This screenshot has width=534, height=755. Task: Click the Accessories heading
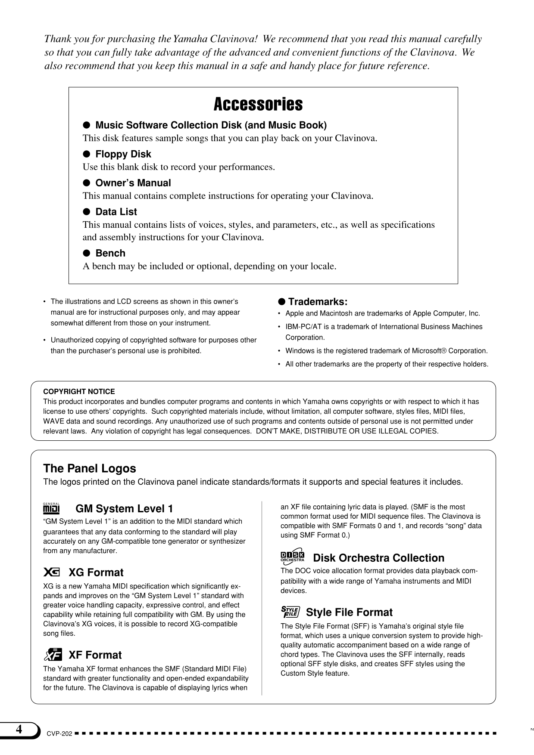[x=258, y=104]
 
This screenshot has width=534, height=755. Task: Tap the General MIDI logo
[x=51, y=508]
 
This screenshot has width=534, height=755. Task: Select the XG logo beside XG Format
[x=52, y=572]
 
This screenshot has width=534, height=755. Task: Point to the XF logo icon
[x=53, y=654]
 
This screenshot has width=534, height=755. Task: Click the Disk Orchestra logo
[x=292, y=557]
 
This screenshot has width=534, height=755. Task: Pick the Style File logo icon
[x=290, y=612]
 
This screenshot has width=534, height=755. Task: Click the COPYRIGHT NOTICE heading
[x=79, y=392]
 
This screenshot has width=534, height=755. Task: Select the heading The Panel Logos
[x=89, y=468]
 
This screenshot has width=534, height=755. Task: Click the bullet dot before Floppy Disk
[x=86, y=154]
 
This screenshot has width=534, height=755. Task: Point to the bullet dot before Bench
[x=86, y=253]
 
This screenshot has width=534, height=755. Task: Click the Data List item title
[x=116, y=212]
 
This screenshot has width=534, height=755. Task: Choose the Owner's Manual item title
[x=133, y=183]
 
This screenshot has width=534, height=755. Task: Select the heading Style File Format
[x=349, y=613]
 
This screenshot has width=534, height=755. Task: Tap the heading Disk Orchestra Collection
[x=378, y=558]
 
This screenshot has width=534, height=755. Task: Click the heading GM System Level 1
[x=124, y=509]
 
